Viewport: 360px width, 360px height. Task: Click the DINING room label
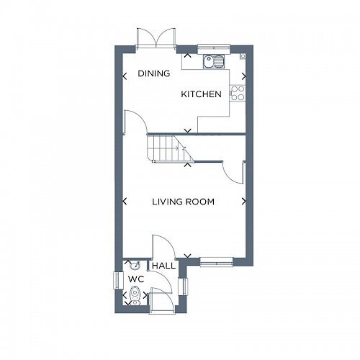tap(154, 73)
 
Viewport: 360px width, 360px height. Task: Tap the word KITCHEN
tap(201, 94)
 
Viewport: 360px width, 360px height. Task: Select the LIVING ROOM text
tap(183, 202)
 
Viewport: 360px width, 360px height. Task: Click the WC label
tap(135, 279)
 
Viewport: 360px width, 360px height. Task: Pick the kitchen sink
tap(214, 62)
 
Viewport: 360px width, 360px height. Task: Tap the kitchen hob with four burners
tap(237, 92)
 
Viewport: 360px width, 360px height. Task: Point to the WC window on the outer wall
tap(117, 281)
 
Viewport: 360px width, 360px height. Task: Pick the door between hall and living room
tap(160, 246)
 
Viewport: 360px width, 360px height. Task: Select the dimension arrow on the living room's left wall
tap(125, 202)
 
